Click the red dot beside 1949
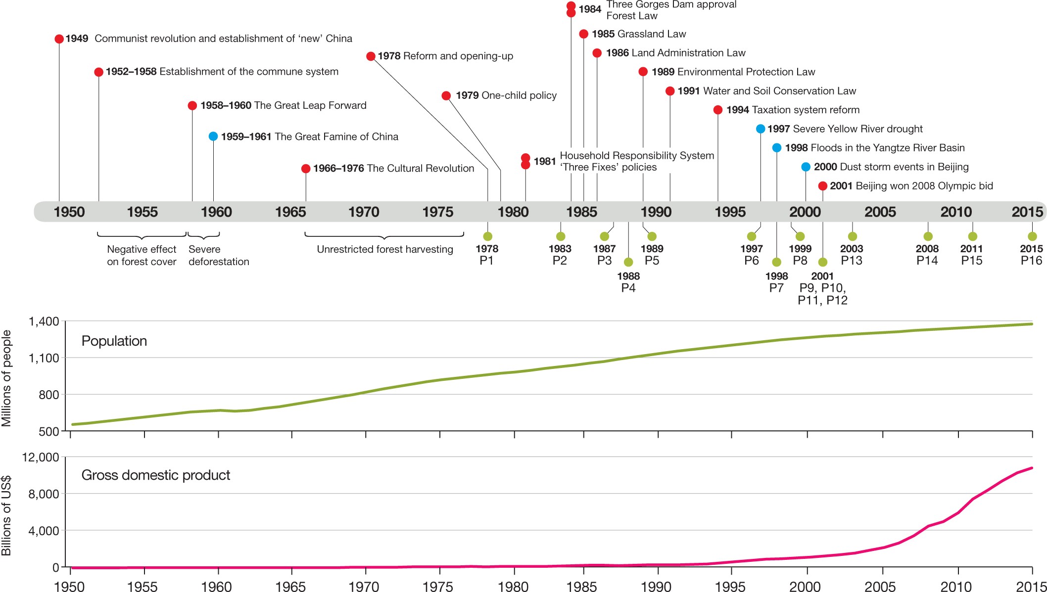coord(59,39)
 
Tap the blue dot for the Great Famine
coord(213,137)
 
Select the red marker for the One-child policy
coord(446,95)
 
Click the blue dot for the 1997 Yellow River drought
coord(761,129)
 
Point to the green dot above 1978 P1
coord(488,236)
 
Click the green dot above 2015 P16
coord(1032,236)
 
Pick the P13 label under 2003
coord(852,261)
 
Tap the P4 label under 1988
coord(628,288)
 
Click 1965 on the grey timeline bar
coord(290,212)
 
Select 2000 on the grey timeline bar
coord(805,212)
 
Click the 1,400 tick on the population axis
coord(44,321)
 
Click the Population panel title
coord(114,341)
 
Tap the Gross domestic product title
coord(156,475)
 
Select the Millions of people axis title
coord(6,378)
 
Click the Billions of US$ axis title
coord(6,515)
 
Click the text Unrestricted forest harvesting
coord(385,249)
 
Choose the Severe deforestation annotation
coord(219,255)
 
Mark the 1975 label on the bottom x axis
coord(438,587)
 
